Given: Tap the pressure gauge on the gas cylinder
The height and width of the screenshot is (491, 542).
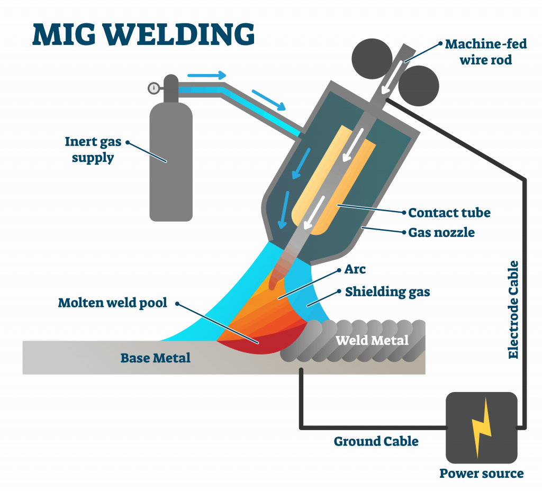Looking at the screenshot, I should pyautogui.click(x=154, y=88).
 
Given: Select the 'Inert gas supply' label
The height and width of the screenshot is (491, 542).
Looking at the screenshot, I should pyautogui.click(x=93, y=150).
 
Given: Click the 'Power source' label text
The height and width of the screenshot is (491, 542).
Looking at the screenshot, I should pyautogui.click(x=481, y=474).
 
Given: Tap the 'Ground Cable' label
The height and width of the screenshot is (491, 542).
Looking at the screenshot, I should pyautogui.click(x=376, y=441).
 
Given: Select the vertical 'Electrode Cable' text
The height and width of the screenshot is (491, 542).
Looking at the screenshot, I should pyautogui.click(x=513, y=310).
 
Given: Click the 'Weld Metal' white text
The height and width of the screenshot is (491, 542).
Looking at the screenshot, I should pyautogui.click(x=372, y=340).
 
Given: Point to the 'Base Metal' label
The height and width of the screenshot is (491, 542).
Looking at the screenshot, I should pyautogui.click(x=156, y=358).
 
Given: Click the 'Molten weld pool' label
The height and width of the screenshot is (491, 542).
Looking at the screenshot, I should pyautogui.click(x=113, y=303).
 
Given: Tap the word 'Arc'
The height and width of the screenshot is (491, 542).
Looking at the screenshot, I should pyautogui.click(x=355, y=270).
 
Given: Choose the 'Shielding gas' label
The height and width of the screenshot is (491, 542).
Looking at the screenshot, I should pyautogui.click(x=387, y=292).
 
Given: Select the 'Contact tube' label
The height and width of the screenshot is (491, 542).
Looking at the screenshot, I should pyautogui.click(x=449, y=213).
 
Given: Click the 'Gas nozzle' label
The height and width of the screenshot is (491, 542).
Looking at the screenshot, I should pyautogui.click(x=441, y=232).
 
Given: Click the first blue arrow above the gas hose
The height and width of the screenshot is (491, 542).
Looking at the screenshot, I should pyautogui.click(x=207, y=75).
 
